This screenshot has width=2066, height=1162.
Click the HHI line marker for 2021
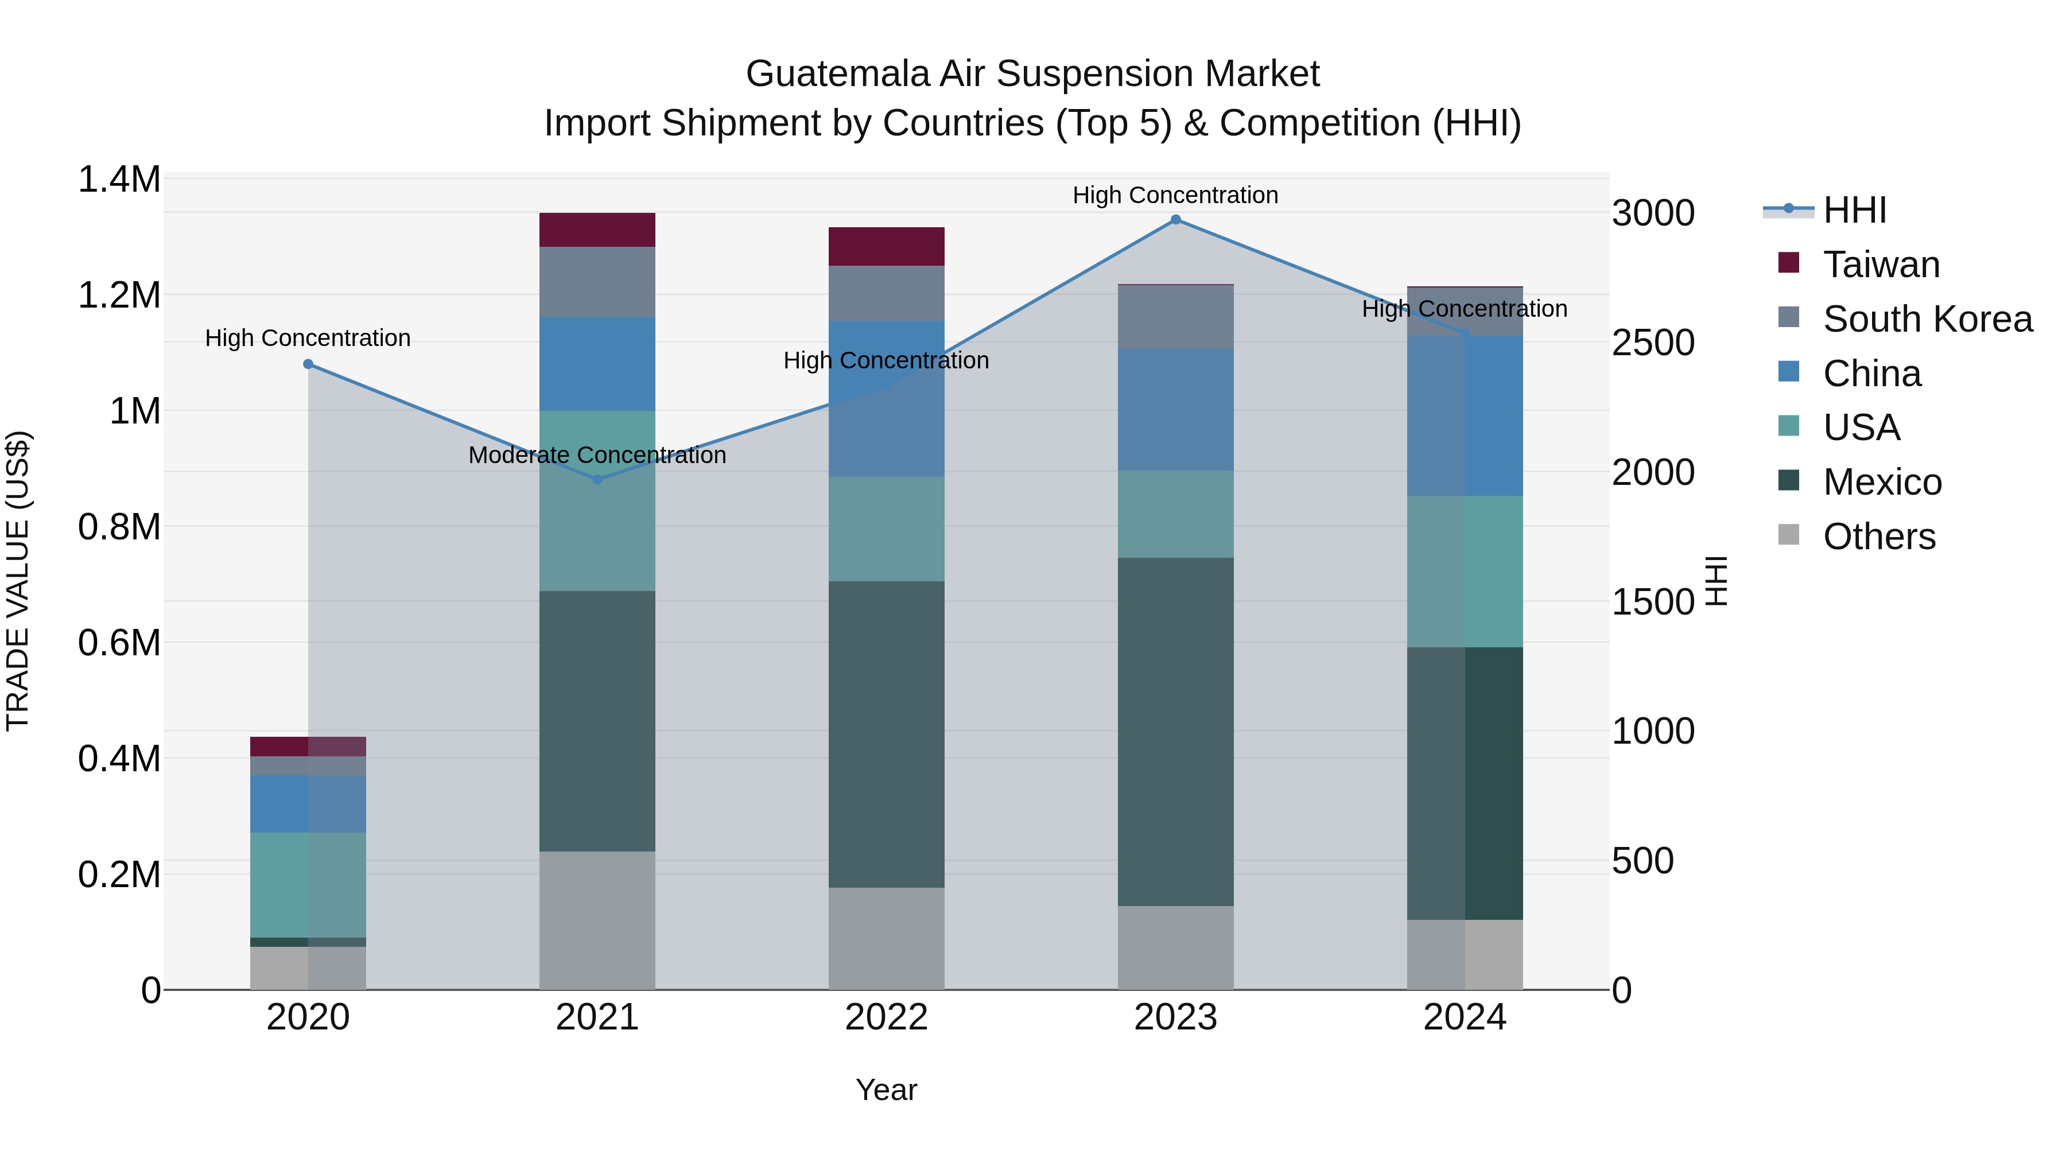click(597, 480)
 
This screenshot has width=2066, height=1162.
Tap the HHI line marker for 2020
click(308, 364)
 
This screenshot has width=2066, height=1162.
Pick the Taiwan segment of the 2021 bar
click(597, 230)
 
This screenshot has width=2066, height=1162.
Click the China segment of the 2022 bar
click(886, 399)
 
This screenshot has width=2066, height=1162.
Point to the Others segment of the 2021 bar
click(597, 920)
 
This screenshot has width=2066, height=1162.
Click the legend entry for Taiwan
click(1881, 265)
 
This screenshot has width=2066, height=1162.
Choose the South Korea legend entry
click(1927, 319)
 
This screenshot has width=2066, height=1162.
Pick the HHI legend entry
click(1854, 210)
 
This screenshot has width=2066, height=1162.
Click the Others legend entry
click(1878, 537)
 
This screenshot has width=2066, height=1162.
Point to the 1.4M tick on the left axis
click(119, 180)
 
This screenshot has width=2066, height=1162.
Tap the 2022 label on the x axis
click(886, 1017)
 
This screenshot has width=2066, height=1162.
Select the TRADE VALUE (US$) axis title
click(18, 581)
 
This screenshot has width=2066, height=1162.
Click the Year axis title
click(886, 1090)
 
